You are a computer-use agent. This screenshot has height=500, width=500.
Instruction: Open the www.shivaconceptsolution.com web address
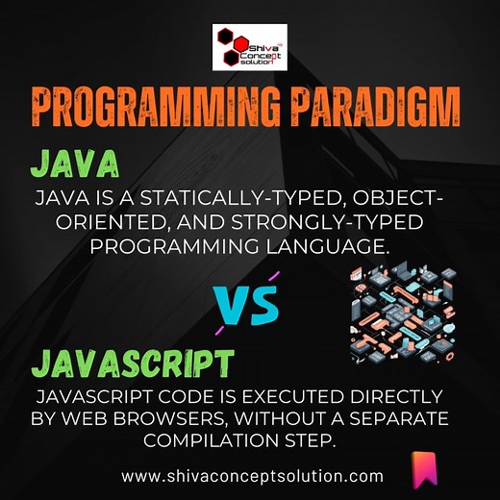coord(253,476)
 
